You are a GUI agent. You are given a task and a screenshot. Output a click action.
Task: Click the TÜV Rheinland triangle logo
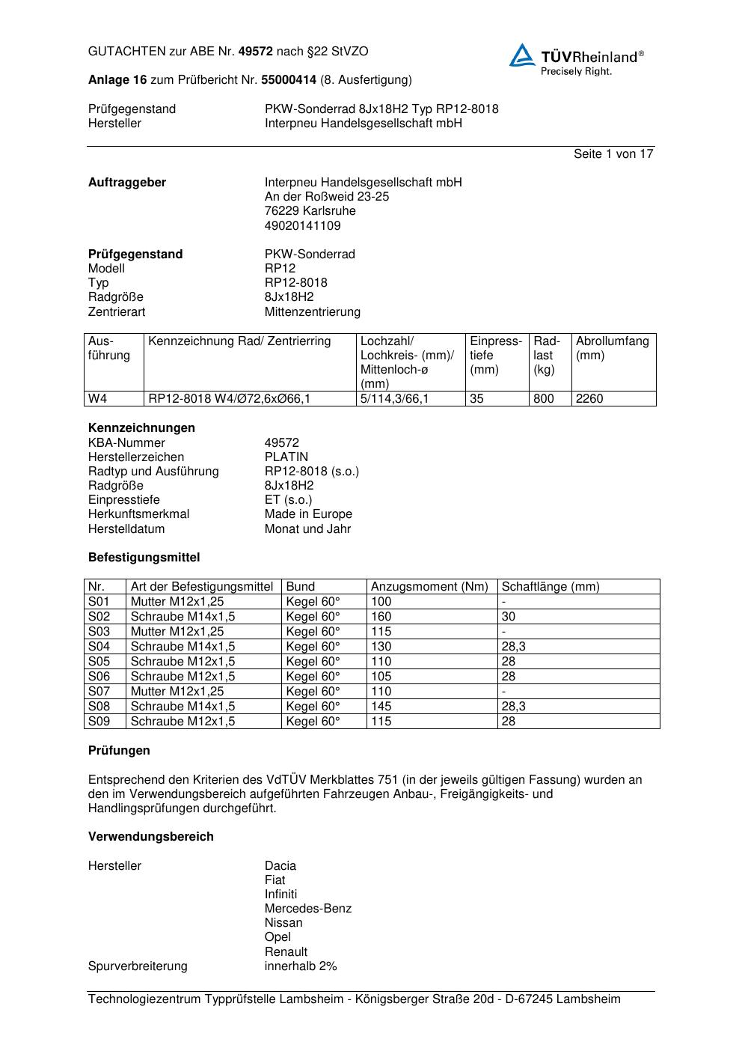click(522, 55)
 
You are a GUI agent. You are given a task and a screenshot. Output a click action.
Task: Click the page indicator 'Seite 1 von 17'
click(613, 153)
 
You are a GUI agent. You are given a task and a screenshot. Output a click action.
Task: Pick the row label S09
click(99, 721)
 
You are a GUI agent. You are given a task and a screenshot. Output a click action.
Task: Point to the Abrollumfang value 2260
click(589, 398)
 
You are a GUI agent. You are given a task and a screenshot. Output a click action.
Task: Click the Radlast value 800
click(544, 398)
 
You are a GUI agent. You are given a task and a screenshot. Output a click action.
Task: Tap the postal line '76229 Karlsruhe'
click(310, 210)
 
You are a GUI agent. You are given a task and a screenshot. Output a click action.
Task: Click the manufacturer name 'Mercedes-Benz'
click(308, 908)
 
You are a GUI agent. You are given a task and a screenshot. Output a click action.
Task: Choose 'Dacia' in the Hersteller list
click(280, 865)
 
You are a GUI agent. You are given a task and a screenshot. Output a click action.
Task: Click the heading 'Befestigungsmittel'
click(144, 557)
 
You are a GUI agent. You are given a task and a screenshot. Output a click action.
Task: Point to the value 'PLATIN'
click(286, 457)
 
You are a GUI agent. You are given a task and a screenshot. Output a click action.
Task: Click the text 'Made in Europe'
click(308, 514)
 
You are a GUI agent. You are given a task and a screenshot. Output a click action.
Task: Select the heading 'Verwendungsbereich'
click(151, 836)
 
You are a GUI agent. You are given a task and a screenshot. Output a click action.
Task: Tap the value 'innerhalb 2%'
click(301, 966)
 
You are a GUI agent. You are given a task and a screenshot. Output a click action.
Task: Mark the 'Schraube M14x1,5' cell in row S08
click(183, 706)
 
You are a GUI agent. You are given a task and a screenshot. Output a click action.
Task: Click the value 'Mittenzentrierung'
click(313, 311)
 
